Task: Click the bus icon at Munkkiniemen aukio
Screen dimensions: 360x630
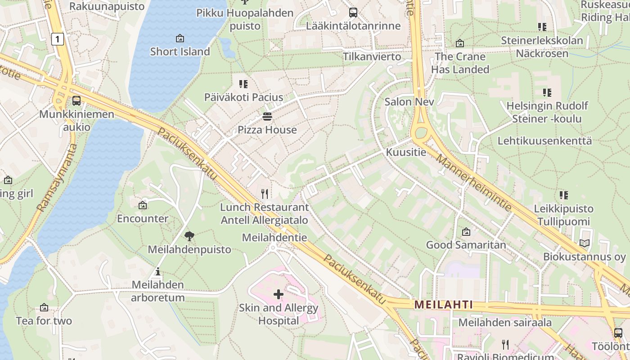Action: pos(76,100)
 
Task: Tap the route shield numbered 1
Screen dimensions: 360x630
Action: pos(57,39)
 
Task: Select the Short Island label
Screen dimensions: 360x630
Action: pos(180,51)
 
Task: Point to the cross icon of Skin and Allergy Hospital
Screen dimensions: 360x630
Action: pos(279,295)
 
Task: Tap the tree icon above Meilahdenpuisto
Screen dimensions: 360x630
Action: pos(189,236)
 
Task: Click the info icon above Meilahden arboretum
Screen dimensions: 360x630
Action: pos(157,271)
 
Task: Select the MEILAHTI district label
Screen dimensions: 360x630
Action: pos(444,305)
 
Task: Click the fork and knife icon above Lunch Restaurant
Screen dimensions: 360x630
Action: pos(265,194)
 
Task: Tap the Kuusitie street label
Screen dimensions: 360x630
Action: pos(406,152)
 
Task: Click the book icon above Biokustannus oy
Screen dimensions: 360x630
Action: pos(584,243)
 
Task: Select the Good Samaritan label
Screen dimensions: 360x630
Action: pos(466,245)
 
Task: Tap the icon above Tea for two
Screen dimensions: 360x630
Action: pos(44,308)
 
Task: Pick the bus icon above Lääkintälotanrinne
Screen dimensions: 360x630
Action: pos(353,13)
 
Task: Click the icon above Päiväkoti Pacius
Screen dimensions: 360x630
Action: pos(243,84)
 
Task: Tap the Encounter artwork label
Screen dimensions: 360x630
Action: pos(143,219)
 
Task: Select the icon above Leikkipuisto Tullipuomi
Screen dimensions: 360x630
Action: pos(563,195)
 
